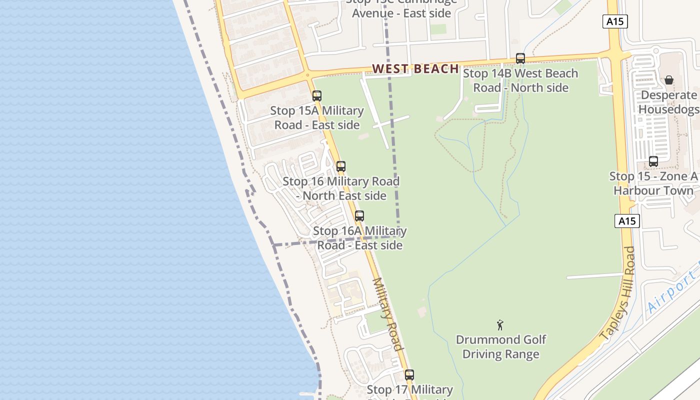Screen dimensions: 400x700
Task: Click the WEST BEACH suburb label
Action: (x=415, y=68)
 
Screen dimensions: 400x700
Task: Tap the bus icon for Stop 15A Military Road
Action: (x=317, y=96)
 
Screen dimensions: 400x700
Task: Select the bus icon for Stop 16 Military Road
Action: (x=341, y=166)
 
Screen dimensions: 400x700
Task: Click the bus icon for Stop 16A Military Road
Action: (x=359, y=216)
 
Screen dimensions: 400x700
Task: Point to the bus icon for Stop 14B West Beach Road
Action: (x=520, y=58)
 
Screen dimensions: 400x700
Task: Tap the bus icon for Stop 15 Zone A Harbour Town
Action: (x=653, y=161)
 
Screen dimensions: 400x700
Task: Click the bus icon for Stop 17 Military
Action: (x=409, y=375)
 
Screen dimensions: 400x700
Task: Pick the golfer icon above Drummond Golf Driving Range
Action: (x=500, y=325)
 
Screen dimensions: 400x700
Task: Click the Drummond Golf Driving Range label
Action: (x=501, y=347)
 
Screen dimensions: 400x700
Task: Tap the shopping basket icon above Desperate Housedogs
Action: (x=669, y=80)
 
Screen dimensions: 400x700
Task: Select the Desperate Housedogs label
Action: (x=668, y=102)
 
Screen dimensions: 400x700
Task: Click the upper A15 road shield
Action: (x=615, y=21)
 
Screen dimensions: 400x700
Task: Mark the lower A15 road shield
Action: (x=627, y=221)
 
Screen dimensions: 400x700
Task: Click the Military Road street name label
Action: (x=388, y=314)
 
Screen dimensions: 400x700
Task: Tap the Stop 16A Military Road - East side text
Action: (x=360, y=238)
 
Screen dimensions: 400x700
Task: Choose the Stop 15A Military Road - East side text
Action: (x=317, y=117)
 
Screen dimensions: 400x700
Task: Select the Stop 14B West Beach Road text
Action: (x=520, y=80)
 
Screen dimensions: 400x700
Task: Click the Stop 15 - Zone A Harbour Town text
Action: (x=653, y=183)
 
